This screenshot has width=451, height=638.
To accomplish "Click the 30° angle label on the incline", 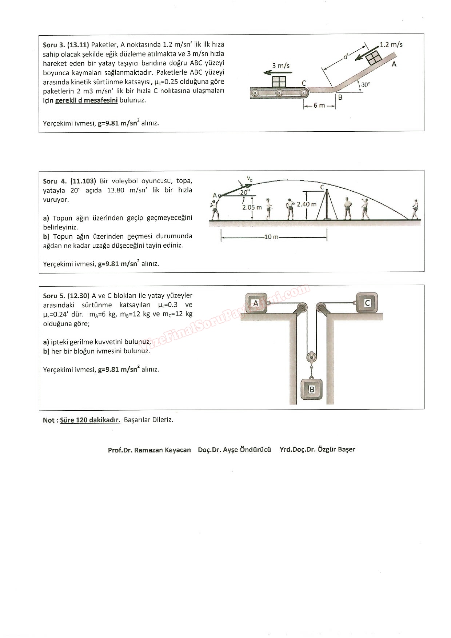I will coord(366,85).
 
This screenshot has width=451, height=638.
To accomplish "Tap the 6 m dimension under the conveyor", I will coord(319,105).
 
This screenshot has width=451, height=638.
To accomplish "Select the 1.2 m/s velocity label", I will coord(391,45).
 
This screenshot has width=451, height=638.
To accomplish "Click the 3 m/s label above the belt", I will coord(281,66).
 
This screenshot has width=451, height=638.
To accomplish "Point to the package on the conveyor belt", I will coord(279,81).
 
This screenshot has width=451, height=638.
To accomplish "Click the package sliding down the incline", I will coord(374,57).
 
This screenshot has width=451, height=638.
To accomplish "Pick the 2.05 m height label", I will coord(252,208).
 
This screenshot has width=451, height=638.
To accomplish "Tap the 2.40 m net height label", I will coord(307,204).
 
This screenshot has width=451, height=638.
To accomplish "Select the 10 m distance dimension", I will coord(271,237).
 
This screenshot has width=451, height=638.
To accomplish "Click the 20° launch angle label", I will coord(245,192).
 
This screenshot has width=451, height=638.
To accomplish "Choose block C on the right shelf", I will coord(367,303).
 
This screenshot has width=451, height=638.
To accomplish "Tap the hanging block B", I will coord(311,390).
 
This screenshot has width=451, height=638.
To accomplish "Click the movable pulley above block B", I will coord(311,358).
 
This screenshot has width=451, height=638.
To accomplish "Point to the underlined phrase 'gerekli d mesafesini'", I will coord(86,100).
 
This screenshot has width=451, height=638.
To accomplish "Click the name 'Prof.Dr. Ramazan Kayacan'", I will coord(149,450).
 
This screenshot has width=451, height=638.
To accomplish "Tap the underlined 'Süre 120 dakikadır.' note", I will coord(90,420).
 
